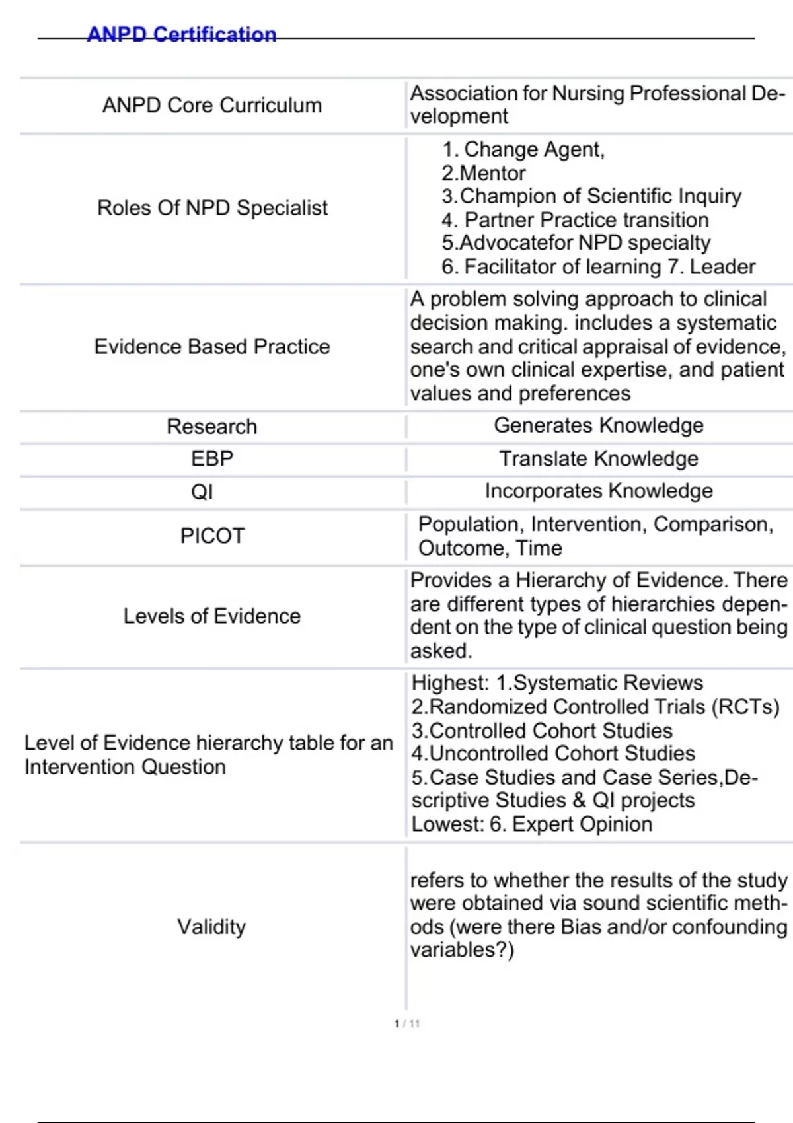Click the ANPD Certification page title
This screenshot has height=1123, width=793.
pyautogui.click(x=181, y=34)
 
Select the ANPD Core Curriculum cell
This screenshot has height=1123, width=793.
pyautogui.click(x=212, y=105)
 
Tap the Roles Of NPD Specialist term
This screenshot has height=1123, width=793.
pyautogui.click(x=212, y=208)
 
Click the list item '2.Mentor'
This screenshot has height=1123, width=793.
pyautogui.click(x=483, y=173)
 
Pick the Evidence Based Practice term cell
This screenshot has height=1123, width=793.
pyautogui.click(x=212, y=347)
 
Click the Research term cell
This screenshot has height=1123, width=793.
pyautogui.click(x=212, y=427)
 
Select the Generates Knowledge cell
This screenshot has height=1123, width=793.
pyautogui.click(x=599, y=426)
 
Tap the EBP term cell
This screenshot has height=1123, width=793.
pyautogui.click(x=212, y=458)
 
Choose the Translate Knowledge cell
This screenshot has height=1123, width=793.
pyautogui.click(x=599, y=458)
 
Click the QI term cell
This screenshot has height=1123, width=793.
pyautogui.click(x=202, y=492)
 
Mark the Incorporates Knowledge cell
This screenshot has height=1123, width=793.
pyautogui.click(x=599, y=491)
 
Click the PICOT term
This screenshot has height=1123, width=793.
pyautogui.click(x=212, y=536)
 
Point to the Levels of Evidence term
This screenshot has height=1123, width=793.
pyautogui.click(x=212, y=616)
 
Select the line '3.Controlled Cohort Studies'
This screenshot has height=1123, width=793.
pyautogui.click(x=542, y=731)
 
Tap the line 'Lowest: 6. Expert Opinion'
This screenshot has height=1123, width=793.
pyautogui.click(x=532, y=824)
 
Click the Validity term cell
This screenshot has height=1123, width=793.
pyautogui.click(x=211, y=927)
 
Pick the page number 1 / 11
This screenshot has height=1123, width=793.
pyautogui.click(x=407, y=1024)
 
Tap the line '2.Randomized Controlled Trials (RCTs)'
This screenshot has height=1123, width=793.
pyautogui.click(x=595, y=707)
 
